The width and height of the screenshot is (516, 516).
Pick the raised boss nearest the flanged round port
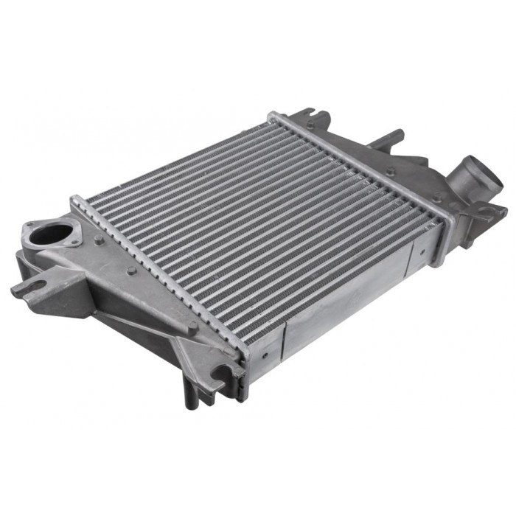(98, 240)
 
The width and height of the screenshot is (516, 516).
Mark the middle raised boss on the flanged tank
(132, 271)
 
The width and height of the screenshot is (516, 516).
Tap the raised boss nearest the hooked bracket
(192, 324)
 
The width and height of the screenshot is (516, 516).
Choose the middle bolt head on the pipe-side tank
(390, 171)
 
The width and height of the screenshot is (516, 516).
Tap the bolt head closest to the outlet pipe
(438, 198)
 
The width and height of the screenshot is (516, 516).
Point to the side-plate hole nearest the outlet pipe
(422, 251)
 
